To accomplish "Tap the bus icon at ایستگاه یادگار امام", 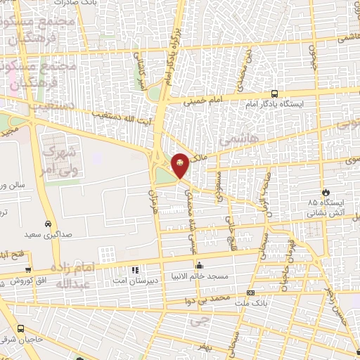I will click(274, 94).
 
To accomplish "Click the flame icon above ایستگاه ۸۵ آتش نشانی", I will click(326, 192).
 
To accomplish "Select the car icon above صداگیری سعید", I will click(47, 224).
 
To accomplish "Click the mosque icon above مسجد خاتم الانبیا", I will click(200, 266).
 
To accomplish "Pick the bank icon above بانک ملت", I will click(250, 292).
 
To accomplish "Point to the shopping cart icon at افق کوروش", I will click(29, 269).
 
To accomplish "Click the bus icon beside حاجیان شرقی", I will click(20, 328).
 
